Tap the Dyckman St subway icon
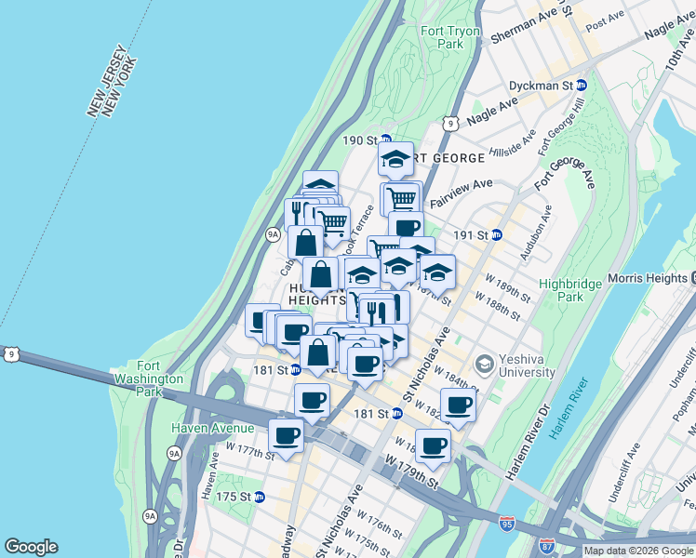(x=582, y=85)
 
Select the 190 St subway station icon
(x=382, y=140)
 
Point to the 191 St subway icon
(x=497, y=234)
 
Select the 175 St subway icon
(x=261, y=497)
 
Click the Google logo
(x=31, y=547)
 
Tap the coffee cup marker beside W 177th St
(x=286, y=435)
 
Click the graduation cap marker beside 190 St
(x=395, y=159)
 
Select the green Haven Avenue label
(x=212, y=428)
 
